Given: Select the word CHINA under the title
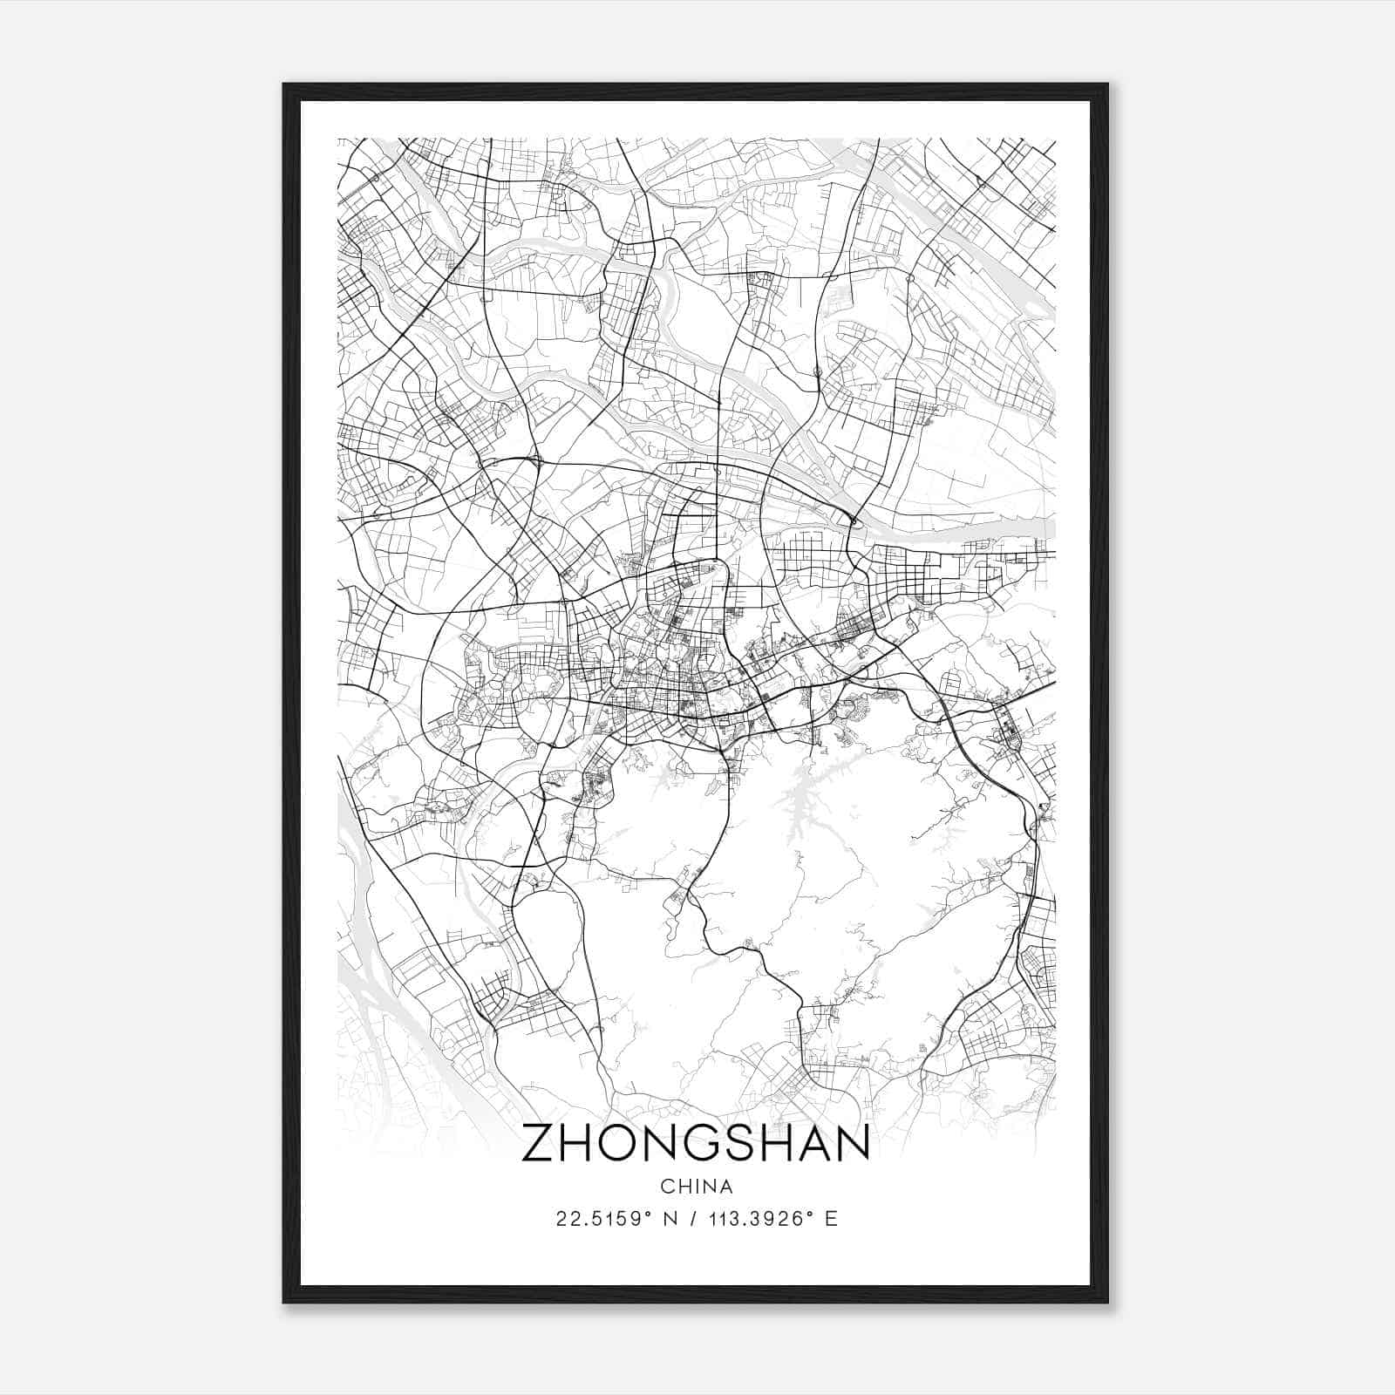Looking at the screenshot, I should coord(696,1187).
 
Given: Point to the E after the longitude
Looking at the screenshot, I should coord(831,1219).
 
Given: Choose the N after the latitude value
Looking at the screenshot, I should coord(669,1219).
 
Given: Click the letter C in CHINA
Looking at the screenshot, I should coord(667,1187).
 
